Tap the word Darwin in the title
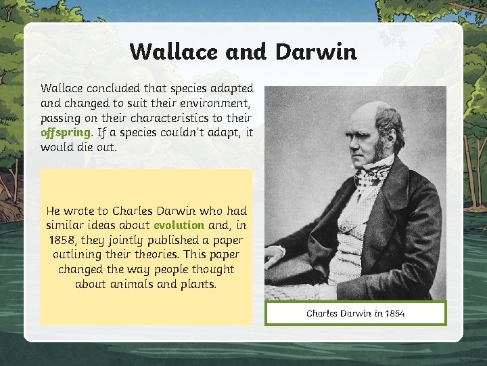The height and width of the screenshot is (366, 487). point(316,52)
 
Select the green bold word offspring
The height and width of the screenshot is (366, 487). point(65,132)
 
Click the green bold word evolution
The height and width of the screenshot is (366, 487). point(179,225)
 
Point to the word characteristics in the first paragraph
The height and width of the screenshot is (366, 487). point(166,117)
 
